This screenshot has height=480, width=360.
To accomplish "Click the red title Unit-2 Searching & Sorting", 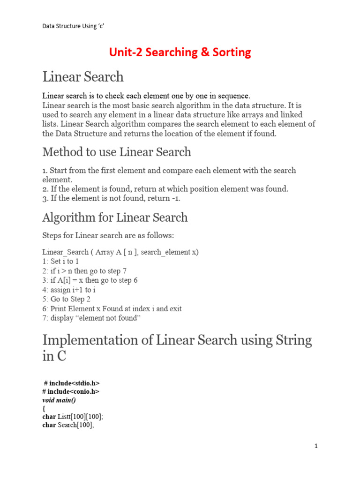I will pos(180,52).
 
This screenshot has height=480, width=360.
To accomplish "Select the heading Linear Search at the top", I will pos(83,77).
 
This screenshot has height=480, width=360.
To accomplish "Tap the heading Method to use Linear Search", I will pos(117,152).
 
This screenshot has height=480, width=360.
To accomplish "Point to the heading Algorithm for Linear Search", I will pos(115,217).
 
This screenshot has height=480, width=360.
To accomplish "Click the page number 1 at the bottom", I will pos(316,446).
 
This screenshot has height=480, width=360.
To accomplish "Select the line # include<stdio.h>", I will pos(72,383).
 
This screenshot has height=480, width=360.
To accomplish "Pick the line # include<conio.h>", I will pos(71,391).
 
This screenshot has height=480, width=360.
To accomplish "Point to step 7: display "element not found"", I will pos(91,318).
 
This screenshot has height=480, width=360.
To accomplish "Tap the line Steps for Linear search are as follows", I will pos(108,235).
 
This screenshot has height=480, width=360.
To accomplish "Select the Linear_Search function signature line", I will pos(120,252).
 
